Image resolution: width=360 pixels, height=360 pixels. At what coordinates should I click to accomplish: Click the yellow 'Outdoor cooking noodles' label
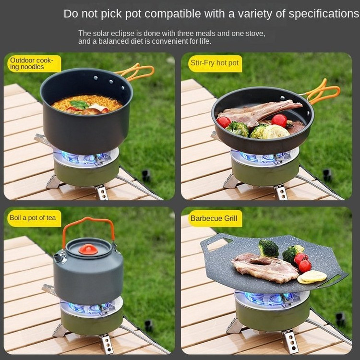coord(32,63)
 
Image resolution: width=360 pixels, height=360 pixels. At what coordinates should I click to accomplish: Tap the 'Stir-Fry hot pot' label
coord(215,63)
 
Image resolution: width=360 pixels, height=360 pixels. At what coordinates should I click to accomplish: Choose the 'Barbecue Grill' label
coord(214,218)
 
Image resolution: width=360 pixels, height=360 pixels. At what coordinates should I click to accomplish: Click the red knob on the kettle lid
coord(88,249)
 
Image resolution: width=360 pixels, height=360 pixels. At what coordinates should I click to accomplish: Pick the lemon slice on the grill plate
coord(312,276)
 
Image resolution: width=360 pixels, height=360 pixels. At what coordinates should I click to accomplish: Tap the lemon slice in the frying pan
coord(276,132)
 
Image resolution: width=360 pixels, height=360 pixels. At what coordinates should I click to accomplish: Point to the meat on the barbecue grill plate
coord(265,267)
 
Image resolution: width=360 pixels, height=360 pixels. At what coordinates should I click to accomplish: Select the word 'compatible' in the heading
coord(173,14)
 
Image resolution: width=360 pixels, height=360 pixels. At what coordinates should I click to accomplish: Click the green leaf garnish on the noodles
coord(79,104)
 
